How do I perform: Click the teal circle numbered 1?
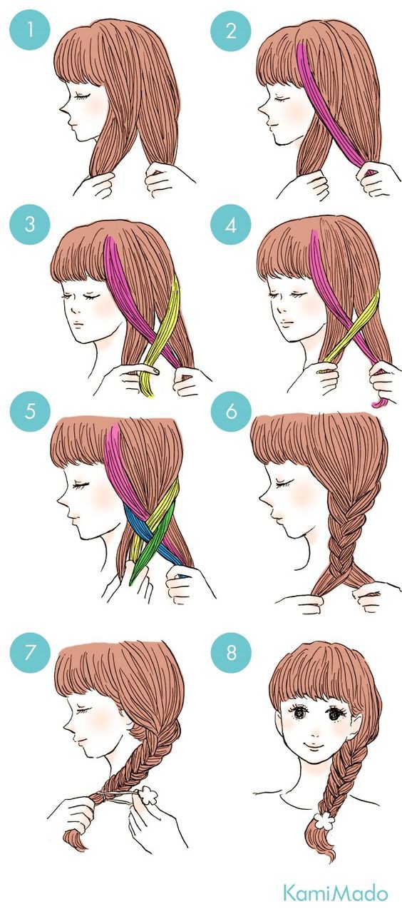click(x=29, y=31)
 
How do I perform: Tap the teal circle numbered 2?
click(x=231, y=31)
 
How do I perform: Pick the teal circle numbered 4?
click(x=231, y=225)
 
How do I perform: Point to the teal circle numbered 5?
click(x=29, y=411)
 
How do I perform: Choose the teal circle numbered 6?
click(x=231, y=411)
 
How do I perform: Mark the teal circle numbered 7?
click(x=29, y=652)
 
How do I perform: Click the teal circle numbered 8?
click(x=231, y=652)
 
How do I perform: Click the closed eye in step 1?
click(x=81, y=96)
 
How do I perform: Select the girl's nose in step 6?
click(x=264, y=500)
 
